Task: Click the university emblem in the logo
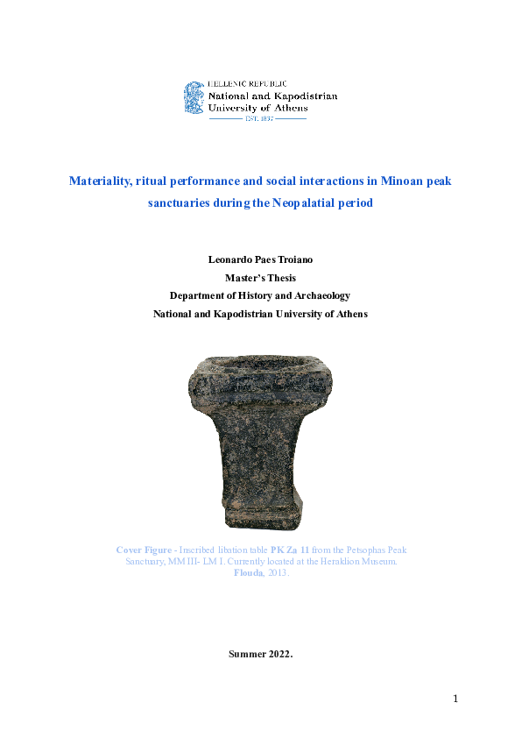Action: point(194,97)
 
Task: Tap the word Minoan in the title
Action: point(399,181)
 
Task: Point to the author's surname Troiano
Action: point(293,260)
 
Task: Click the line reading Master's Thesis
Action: point(260,278)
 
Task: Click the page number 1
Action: point(455,699)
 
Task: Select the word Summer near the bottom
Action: point(246,654)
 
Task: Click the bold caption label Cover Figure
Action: point(145,550)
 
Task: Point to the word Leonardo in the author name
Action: point(229,260)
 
